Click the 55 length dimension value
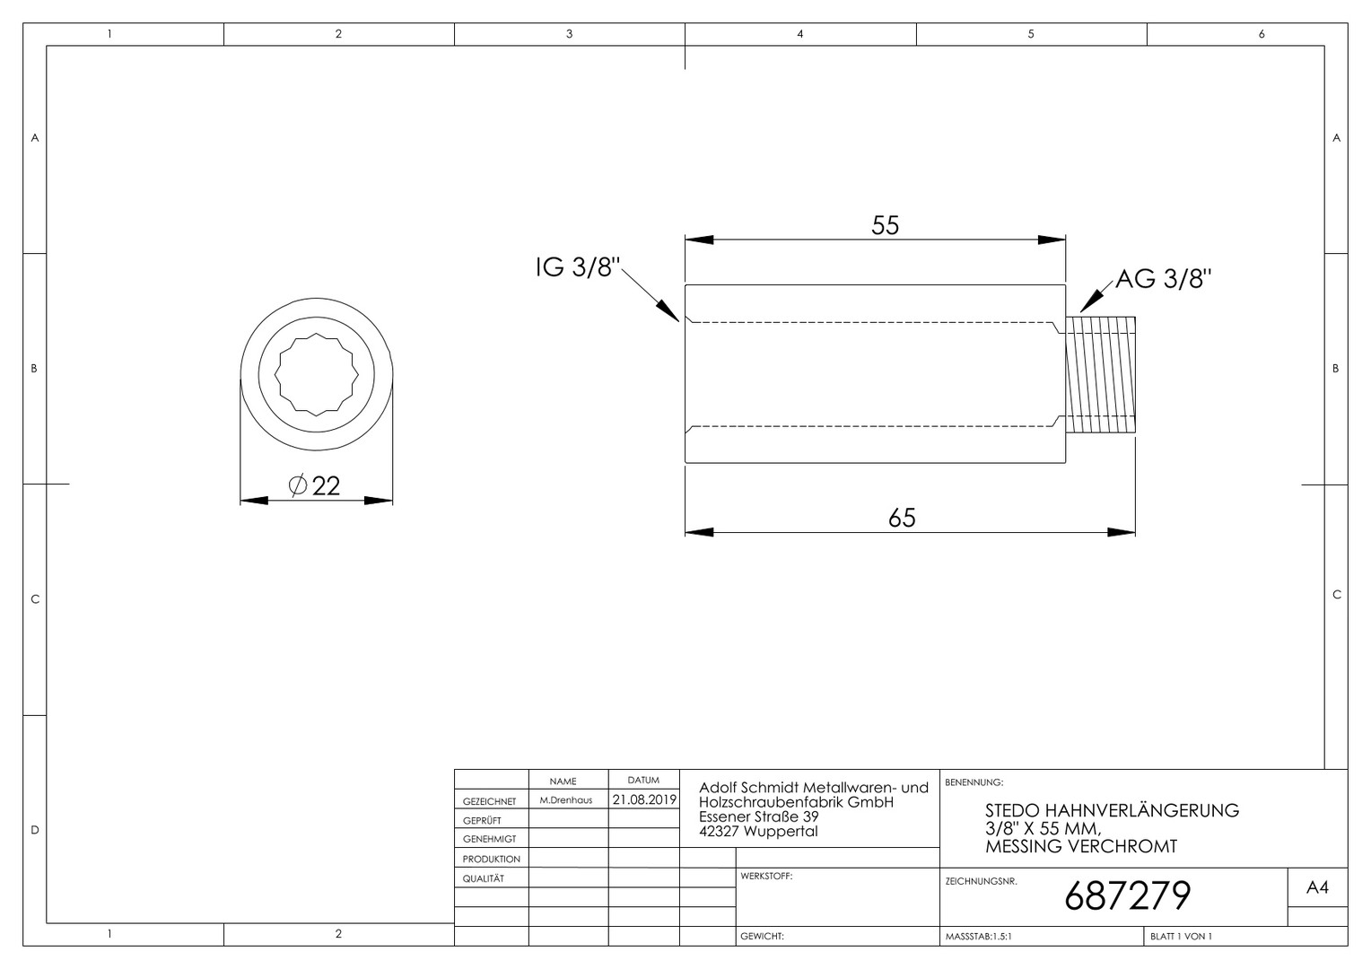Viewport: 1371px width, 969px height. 885,225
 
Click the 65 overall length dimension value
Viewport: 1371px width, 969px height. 902,518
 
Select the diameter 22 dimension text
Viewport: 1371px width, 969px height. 315,486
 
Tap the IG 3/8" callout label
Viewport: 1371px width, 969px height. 578,267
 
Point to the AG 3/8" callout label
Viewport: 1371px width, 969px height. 1164,279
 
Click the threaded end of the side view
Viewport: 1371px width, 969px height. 1100,375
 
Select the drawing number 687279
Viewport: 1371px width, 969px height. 1128,896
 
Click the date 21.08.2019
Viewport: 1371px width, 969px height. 644,799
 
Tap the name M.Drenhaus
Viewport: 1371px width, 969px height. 566,800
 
